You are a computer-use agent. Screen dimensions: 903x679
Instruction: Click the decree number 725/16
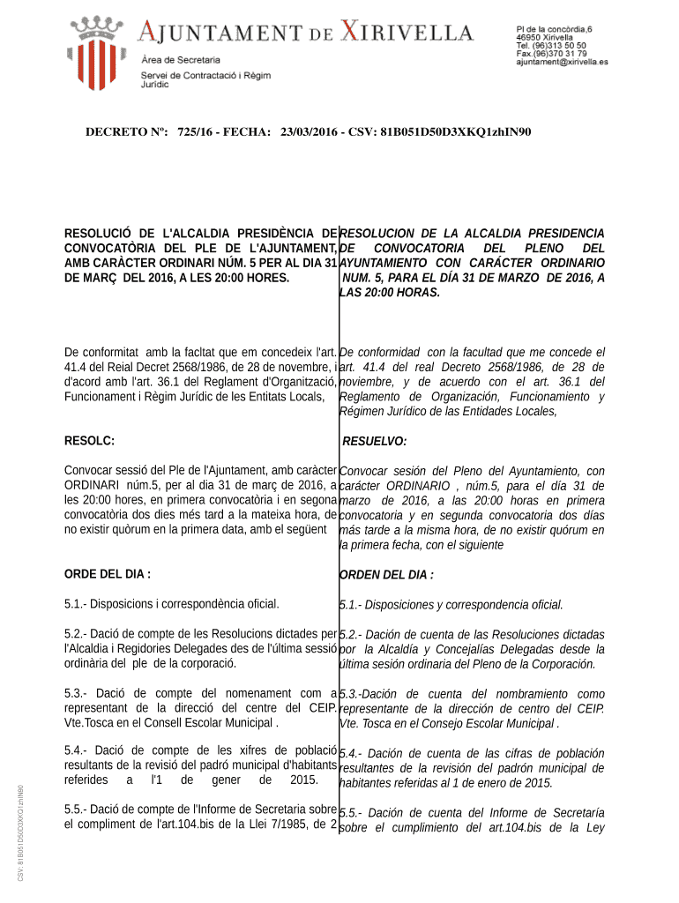(x=196, y=132)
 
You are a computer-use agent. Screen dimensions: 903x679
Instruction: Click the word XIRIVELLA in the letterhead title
(x=407, y=34)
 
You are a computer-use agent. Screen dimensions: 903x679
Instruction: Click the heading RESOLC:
(x=89, y=440)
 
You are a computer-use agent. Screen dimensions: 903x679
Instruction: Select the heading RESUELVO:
(x=374, y=441)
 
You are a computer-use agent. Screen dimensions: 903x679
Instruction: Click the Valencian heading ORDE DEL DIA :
(x=108, y=574)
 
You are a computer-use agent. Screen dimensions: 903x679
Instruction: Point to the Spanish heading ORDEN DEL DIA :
(x=386, y=575)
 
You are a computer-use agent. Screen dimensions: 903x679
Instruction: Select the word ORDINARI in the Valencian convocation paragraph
(x=95, y=485)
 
